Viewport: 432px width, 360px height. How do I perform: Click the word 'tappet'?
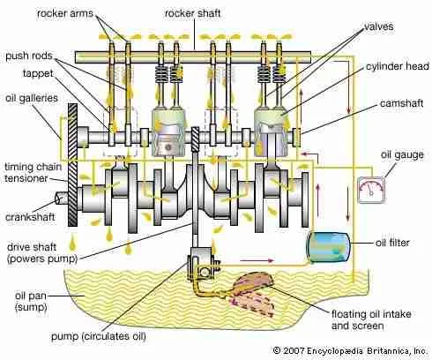click(x=24, y=75)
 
